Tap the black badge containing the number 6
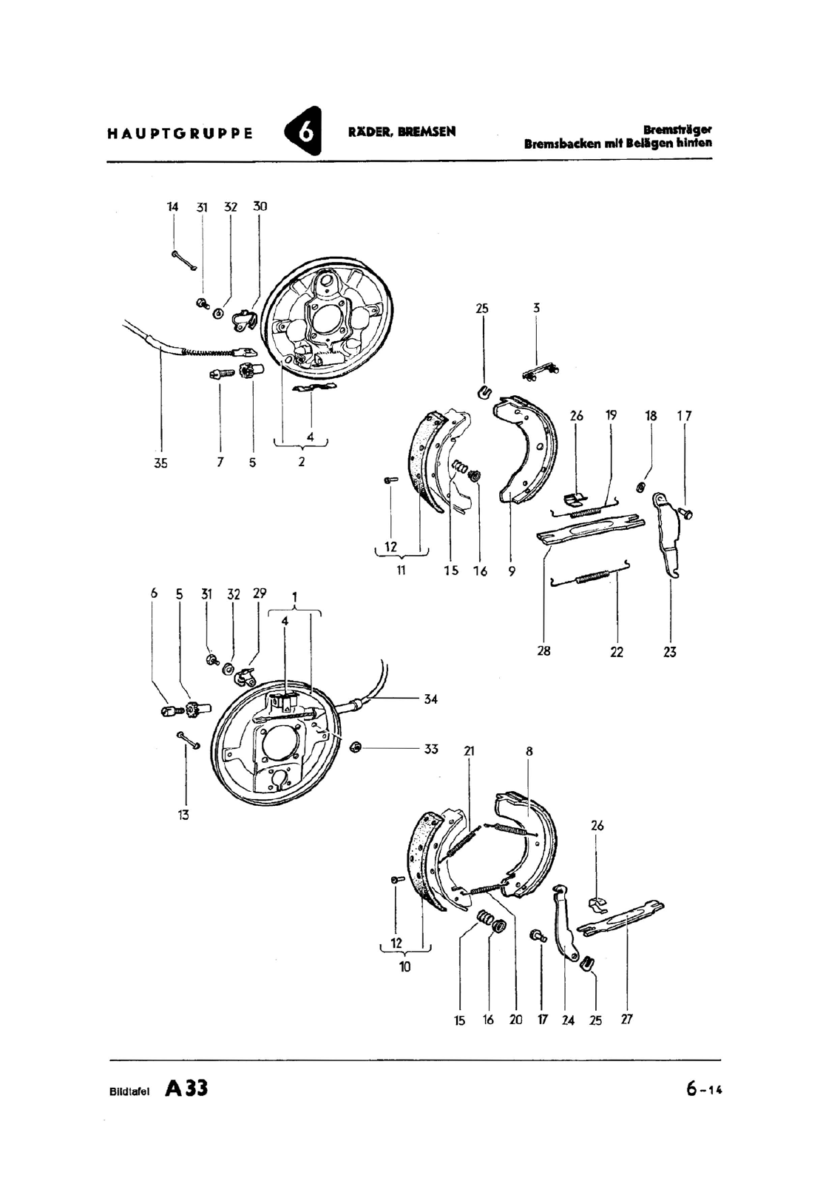click(303, 132)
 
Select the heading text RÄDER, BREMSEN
click(402, 132)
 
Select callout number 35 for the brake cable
click(160, 462)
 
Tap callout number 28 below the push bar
click(543, 651)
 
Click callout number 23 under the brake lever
click(670, 652)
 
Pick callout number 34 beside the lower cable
click(431, 699)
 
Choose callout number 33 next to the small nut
click(431, 748)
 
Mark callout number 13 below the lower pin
click(183, 815)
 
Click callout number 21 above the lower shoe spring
click(469, 751)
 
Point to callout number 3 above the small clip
click(536, 308)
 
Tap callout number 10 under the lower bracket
click(404, 966)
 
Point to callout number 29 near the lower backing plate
click(260, 593)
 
